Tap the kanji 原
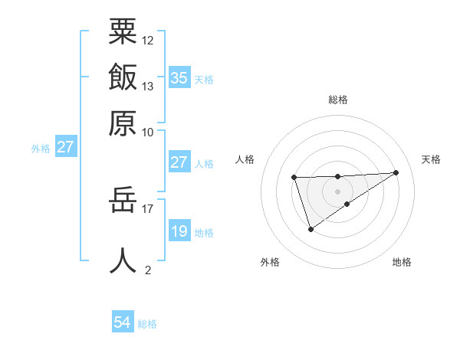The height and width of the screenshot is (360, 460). [123, 123]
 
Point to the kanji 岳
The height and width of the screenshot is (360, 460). [123, 201]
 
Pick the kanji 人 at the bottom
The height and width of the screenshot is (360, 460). [123, 260]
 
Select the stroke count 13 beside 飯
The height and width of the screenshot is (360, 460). [148, 87]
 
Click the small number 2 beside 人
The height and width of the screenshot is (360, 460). [148, 270]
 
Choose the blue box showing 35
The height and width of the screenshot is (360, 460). [179, 78]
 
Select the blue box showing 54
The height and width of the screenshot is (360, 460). [123, 322]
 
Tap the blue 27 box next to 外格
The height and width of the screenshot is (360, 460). [65, 147]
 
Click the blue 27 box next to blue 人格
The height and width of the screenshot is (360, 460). [179, 162]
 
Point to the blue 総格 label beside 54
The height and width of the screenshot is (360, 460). [147, 324]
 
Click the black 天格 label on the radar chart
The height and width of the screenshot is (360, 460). [431, 159]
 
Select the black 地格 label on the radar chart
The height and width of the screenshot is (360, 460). [402, 262]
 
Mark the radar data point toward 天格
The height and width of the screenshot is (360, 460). [396, 172]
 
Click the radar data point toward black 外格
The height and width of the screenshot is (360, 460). [310, 229]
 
